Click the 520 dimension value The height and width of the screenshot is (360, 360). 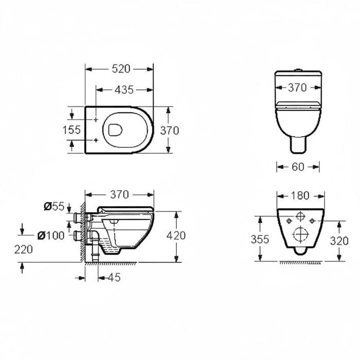click(x=121, y=69)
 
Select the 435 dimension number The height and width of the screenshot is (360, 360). click(x=124, y=90)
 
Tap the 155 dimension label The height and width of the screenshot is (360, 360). click(x=71, y=130)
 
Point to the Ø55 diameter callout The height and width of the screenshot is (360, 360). click(x=54, y=206)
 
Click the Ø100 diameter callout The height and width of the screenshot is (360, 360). click(x=51, y=236)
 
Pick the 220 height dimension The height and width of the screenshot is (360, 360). click(x=24, y=249)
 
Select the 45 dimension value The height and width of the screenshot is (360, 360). click(x=114, y=278)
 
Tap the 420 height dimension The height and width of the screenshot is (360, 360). click(x=176, y=236)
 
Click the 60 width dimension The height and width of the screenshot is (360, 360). click(x=298, y=167)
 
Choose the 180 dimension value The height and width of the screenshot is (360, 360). click(x=300, y=195)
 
